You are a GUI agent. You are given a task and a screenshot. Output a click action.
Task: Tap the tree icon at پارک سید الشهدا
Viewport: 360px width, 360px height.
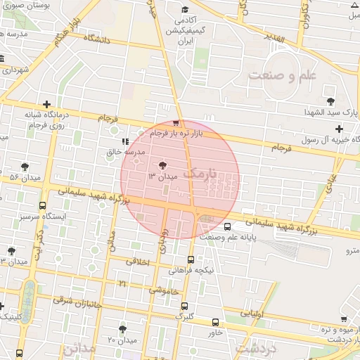[x=331, y=101]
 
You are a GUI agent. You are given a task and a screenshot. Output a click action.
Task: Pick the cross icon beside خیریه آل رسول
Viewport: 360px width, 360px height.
[x=339, y=129]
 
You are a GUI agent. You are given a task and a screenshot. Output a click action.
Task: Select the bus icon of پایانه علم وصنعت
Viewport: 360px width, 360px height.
[x=227, y=226]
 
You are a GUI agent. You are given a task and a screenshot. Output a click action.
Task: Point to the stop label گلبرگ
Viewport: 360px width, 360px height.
[x=184, y=317]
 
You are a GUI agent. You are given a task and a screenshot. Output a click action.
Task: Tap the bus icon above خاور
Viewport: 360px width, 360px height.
[x=215, y=322]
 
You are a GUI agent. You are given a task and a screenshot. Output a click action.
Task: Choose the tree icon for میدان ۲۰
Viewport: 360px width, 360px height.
[x=123, y=329]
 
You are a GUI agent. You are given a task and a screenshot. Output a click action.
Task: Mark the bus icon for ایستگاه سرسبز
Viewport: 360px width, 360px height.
[x=43, y=206]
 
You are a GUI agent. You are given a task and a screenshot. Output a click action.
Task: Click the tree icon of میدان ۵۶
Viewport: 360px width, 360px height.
[x=25, y=167]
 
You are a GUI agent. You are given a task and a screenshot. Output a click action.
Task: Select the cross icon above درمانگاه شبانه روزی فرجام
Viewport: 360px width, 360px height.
[x=47, y=104]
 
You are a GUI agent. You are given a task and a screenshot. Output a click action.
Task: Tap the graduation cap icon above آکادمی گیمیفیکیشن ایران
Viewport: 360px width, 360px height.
[x=184, y=10]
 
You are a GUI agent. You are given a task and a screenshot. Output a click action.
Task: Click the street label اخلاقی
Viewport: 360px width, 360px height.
[x=138, y=262]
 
